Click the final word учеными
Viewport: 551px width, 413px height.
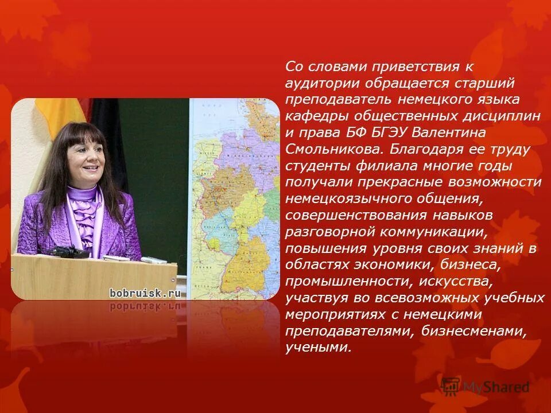pos(317,348)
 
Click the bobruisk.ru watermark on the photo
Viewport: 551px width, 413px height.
pos(145,293)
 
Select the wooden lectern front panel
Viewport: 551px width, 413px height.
pos(92,278)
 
